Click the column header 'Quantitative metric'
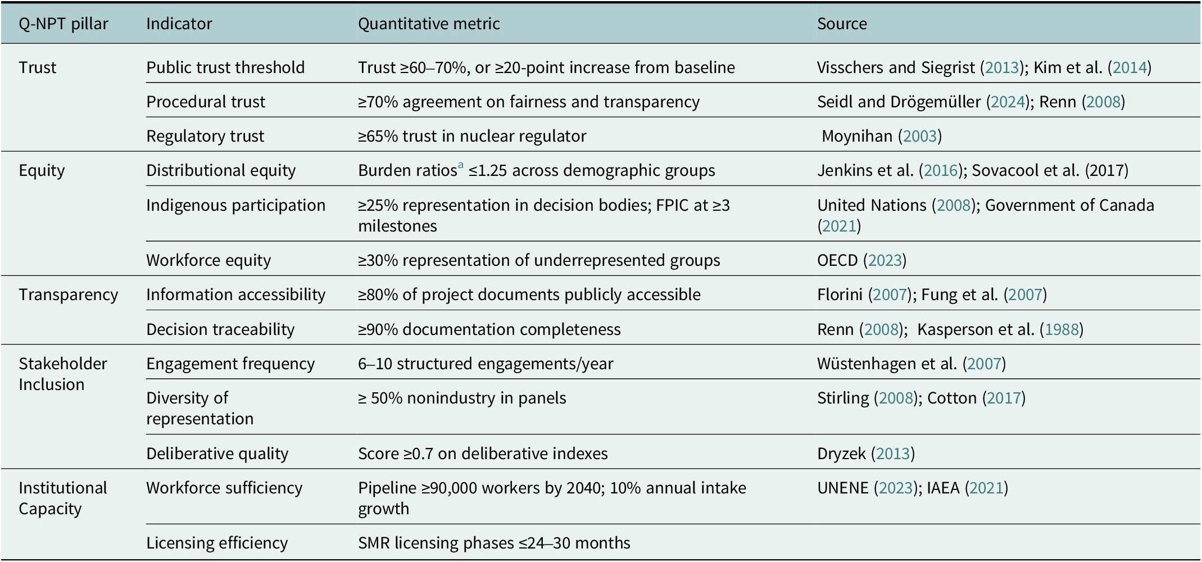pos(429,24)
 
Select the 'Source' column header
pos(842,24)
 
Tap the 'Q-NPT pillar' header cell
pos(63,24)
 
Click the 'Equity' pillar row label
pos(42,170)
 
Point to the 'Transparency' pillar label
pos(68,294)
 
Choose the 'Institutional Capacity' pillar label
pos(62,498)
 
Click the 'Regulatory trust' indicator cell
pos(205,136)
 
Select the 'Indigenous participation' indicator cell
pos(235,205)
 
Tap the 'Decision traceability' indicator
pos(220,329)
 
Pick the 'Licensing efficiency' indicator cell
pos(217,543)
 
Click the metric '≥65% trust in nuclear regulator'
pos(472,136)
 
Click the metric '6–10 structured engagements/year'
pos(486,364)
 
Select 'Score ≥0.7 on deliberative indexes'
pos(483,454)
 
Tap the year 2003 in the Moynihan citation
pos(920,136)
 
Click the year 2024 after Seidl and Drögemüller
pos(1008,102)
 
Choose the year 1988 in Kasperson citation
pos(1062,329)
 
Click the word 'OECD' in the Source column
pos(837,260)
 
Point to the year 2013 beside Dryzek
pos(893,454)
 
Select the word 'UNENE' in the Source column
pos(843,488)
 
